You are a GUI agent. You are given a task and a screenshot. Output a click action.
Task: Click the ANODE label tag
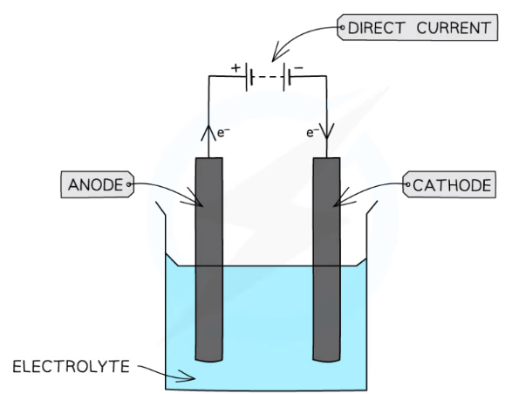(x=95, y=185)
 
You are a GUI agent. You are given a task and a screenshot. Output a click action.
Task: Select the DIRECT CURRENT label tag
(x=414, y=28)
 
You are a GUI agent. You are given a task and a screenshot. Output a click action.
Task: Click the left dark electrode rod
(x=209, y=262)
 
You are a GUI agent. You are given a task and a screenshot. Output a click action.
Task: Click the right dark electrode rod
(x=325, y=262)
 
